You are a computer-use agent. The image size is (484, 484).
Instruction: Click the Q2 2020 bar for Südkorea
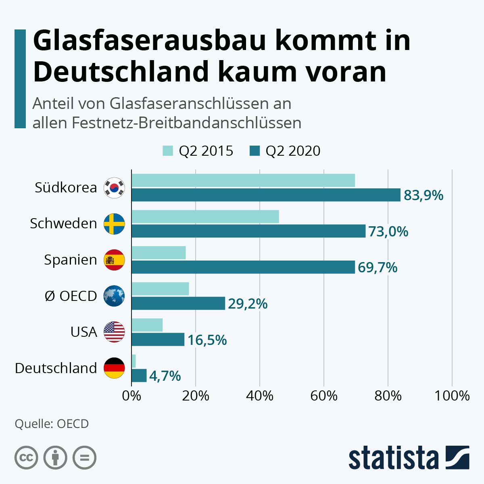coord(266,195)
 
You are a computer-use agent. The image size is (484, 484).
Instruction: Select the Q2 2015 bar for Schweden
coord(205,217)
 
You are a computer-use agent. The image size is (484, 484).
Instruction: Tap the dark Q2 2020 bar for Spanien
coord(243,267)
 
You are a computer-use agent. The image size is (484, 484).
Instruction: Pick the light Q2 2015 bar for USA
coord(147,325)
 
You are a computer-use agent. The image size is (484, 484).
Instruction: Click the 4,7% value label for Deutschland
coord(165,376)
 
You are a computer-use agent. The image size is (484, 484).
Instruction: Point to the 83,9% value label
coord(423,196)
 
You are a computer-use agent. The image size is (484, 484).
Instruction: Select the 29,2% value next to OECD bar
coord(248,304)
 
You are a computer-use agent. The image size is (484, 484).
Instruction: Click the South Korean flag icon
coord(115,188)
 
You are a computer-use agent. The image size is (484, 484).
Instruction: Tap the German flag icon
coord(115,368)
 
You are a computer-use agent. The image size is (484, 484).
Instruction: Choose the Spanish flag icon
coord(115,260)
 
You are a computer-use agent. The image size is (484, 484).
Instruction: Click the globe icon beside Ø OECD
coord(115,296)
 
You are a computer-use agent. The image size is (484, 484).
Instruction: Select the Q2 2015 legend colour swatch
coord(168,151)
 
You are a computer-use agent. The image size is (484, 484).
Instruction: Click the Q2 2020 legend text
coord(293,151)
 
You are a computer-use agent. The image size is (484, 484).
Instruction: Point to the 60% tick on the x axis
coord(324,396)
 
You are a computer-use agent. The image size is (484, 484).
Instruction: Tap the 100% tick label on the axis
coord(452,396)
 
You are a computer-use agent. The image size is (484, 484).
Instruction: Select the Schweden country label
coord(63,223)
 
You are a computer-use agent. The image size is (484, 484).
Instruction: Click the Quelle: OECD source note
coord(52,424)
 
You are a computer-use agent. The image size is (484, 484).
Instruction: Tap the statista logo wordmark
coord(393,458)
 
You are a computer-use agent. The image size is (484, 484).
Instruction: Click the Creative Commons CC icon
coord(26,458)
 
